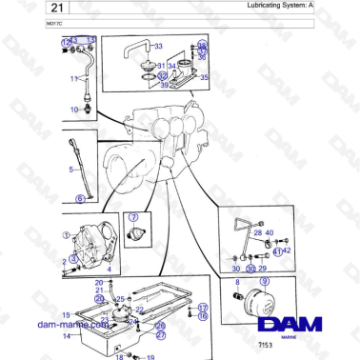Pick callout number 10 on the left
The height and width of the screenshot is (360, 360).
tap(72, 110)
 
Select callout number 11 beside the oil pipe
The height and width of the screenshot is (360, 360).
tap(71, 79)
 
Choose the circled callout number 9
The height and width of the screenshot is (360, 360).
tap(266, 282)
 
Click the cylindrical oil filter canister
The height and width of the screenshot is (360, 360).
tap(260, 304)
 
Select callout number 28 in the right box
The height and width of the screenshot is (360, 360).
tap(257, 232)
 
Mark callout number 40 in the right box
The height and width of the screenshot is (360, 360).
tap(270, 232)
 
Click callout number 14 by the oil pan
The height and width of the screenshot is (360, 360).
tap(67, 335)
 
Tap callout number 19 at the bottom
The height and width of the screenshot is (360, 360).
tap(150, 356)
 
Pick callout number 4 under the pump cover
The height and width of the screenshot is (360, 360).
tap(109, 270)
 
